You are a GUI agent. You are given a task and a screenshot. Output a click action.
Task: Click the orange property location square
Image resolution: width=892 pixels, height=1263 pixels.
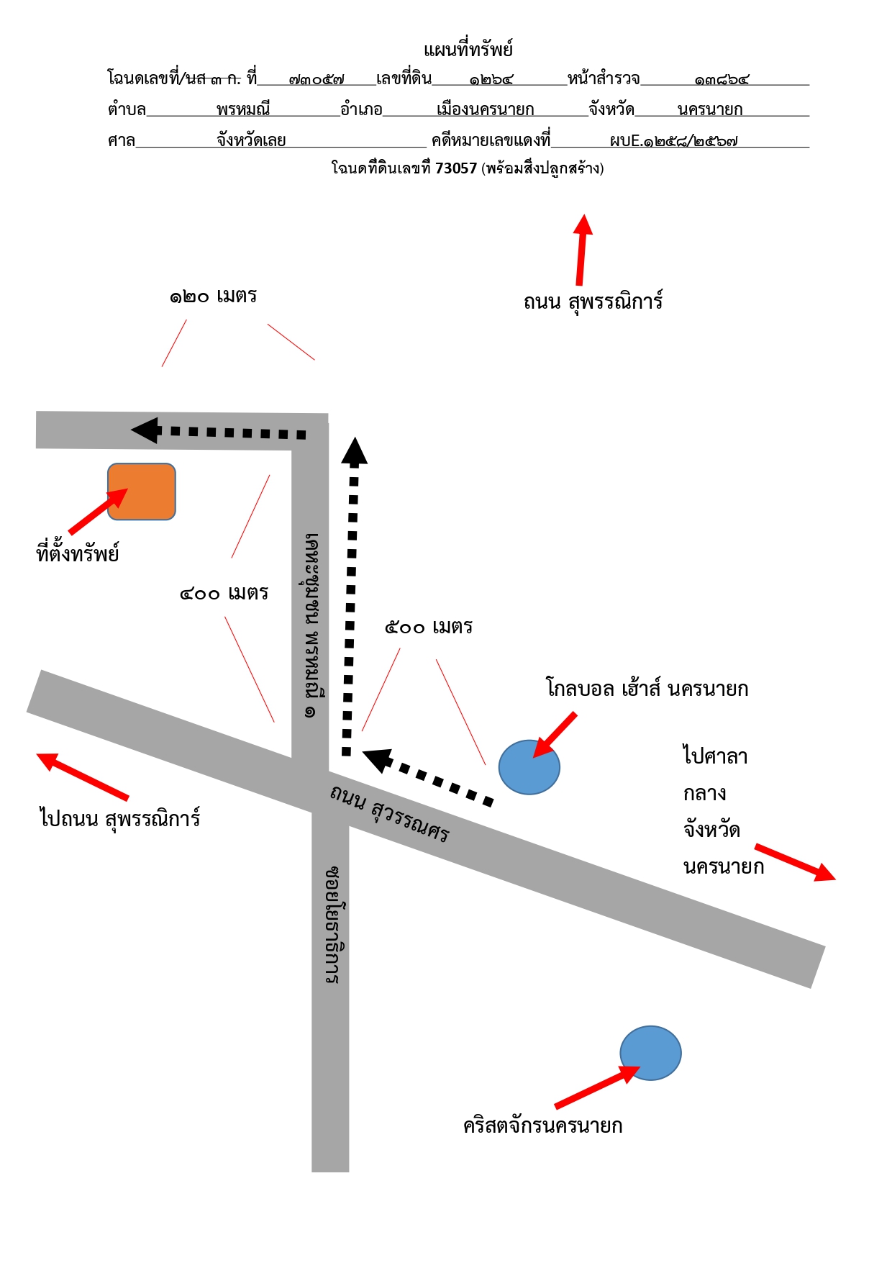(142, 492)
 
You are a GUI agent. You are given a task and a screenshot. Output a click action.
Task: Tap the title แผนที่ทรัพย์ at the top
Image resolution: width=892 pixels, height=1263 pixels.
(468, 50)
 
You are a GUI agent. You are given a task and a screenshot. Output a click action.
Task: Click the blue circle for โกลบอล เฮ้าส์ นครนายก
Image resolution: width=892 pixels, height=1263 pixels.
(529, 767)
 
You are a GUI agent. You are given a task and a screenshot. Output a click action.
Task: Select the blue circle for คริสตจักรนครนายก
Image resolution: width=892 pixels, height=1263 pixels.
(650, 1053)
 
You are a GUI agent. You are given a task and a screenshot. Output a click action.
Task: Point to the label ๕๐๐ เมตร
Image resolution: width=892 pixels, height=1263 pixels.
(429, 627)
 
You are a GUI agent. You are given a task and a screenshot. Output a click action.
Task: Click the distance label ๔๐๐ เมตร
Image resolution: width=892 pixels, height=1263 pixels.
(224, 593)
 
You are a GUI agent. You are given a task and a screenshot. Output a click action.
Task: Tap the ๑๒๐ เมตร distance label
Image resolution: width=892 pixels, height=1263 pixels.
(213, 296)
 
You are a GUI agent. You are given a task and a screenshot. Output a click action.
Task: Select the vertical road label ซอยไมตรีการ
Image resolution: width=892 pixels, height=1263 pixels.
(332, 925)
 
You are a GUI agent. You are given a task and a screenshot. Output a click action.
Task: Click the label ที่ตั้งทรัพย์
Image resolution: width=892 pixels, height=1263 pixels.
(78, 553)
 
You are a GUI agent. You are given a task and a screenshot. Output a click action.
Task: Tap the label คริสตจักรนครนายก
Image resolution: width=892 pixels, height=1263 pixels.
(543, 1125)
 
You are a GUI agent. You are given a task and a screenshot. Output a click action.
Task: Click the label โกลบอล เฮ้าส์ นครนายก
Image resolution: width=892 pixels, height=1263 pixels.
(647, 688)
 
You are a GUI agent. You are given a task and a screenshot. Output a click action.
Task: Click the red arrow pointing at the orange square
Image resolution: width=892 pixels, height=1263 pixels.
(98, 512)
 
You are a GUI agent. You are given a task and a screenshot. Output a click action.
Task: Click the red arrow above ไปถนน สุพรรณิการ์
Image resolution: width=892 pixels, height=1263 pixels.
(83, 777)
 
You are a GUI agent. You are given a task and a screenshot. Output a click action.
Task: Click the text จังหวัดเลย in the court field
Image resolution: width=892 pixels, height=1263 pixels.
(252, 140)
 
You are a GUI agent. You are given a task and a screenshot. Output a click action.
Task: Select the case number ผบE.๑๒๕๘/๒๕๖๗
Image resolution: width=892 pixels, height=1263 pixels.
(673, 141)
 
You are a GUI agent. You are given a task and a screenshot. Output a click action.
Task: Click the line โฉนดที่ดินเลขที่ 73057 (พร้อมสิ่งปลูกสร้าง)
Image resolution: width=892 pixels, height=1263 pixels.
(468, 168)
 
